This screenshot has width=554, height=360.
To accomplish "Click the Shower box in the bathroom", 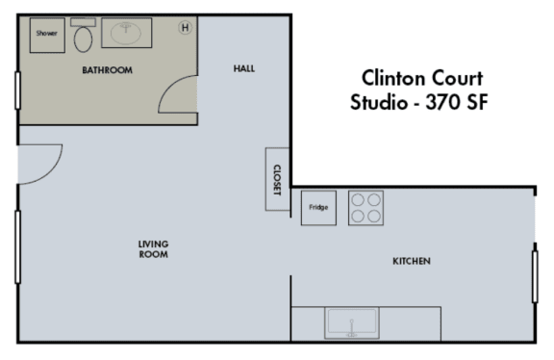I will click(x=47, y=34).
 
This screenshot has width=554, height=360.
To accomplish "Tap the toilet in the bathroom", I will click(x=84, y=38).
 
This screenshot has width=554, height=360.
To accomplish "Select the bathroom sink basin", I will click(x=125, y=33).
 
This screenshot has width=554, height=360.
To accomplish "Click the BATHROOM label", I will click(x=107, y=70).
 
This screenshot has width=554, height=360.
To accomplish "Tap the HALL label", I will click(x=244, y=68).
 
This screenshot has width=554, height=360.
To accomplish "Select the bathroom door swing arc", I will click(x=177, y=96).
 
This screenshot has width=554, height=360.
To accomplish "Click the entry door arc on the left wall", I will click(x=40, y=161).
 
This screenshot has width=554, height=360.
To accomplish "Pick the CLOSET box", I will click(x=276, y=179).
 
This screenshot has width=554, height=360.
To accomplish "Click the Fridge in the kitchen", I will click(x=317, y=208).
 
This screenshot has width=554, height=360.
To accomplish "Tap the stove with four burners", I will click(x=365, y=208).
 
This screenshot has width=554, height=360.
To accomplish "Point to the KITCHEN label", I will click(x=411, y=262).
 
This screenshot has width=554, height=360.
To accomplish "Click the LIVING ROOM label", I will click(x=153, y=249).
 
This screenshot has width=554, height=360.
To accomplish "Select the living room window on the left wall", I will click(x=17, y=246).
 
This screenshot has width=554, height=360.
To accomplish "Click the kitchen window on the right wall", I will click(x=535, y=276).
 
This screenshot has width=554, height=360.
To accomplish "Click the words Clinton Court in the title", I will click(x=421, y=77).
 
